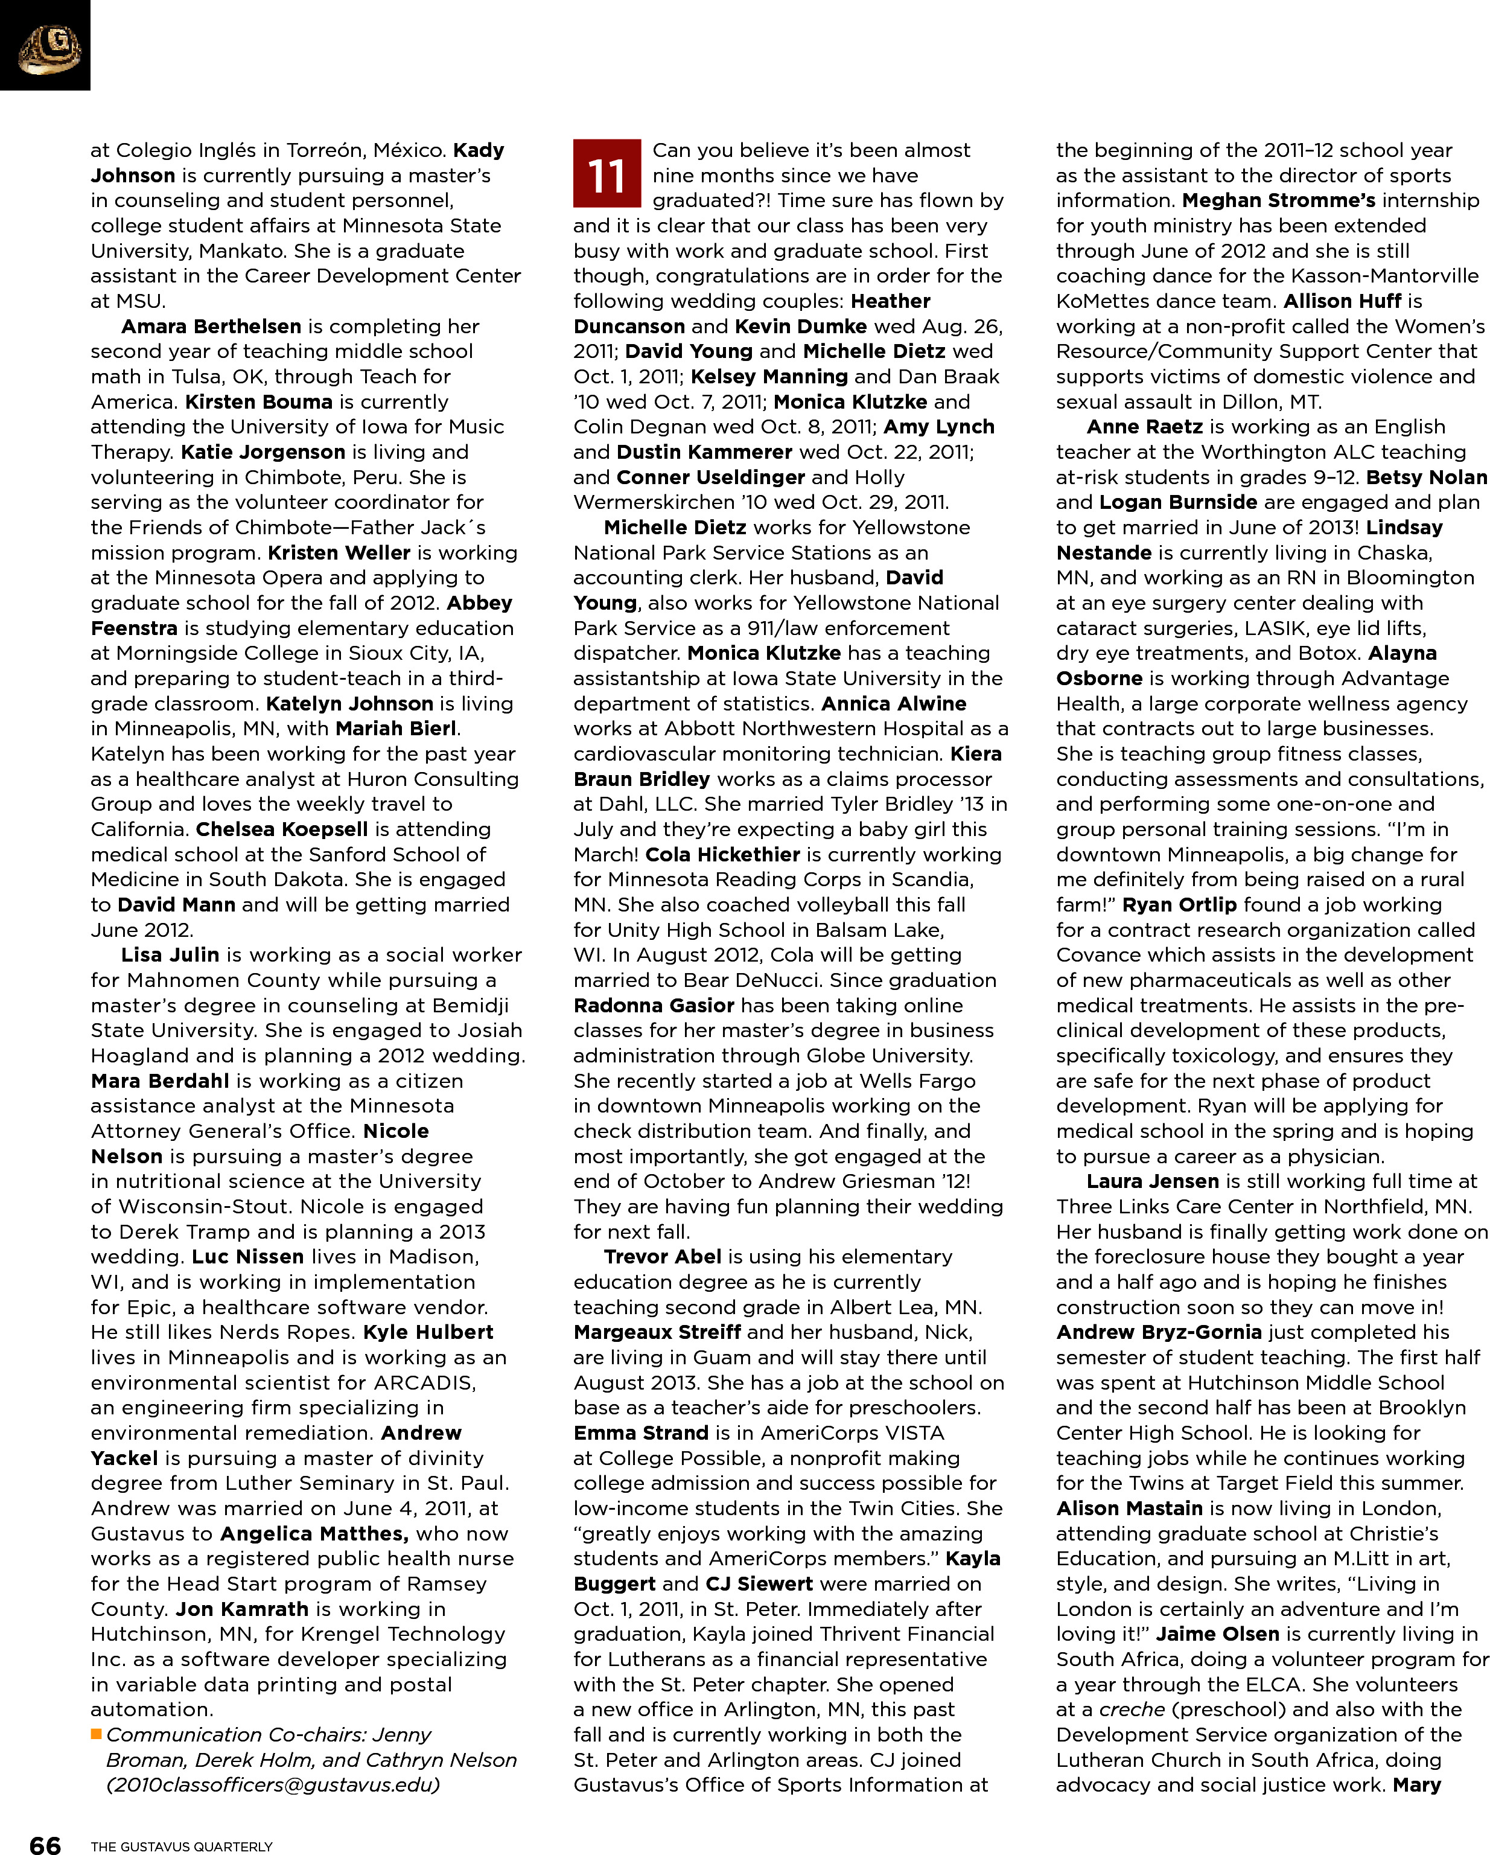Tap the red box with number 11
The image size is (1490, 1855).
[x=607, y=174]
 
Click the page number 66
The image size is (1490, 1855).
[x=45, y=1843]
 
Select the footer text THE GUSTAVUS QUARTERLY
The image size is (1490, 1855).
[x=182, y=1845]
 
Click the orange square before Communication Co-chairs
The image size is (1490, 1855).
[x=97, y=1734]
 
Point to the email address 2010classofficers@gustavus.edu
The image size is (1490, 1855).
[x=273, y=1784]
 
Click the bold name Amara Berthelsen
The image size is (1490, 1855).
[x=211, y=326]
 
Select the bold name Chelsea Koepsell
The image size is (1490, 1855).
[x=281, y=829]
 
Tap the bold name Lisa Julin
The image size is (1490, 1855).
[x=170, y=954]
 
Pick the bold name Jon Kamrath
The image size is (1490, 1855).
[x=242, y=1608]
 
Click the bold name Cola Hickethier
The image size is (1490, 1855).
[x=722, y=854]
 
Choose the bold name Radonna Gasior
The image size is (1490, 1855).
[x=653, y=1005]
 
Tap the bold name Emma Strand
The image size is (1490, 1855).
[x=640, y=1432]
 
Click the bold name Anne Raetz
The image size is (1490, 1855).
[x=1144, y=427]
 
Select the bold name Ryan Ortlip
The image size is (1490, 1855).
[x=1179, y=904]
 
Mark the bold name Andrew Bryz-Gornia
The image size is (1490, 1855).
[x=1158, y=1332]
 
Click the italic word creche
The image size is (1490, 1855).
[x=1132, y=1709]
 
